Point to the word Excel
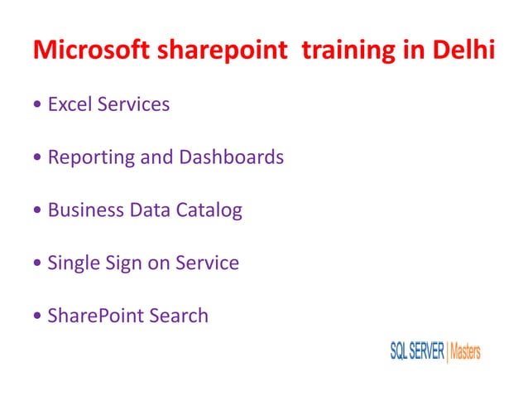pyautogui.click(x=70, y=104)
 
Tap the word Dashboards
pyautogui.click(x=231, y=157)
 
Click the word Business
pyautogui.click(x=85, y=210)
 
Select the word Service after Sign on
pyautogui.click(x=208, y=263)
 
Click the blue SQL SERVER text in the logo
pyautogui.click(x=417, y=351)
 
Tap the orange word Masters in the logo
pyautogui.click(x=465, y=351)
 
